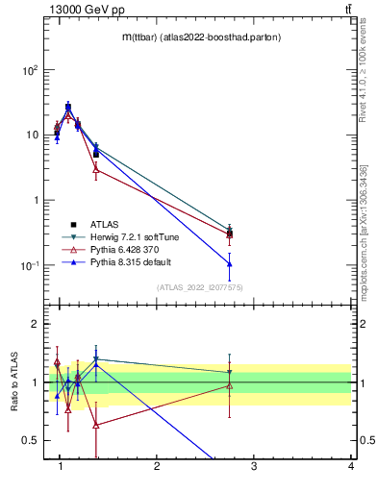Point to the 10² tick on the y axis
(30, 70)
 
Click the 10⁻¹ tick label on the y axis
(29, 265)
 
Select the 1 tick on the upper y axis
(35, 200)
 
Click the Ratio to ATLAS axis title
(13, 383)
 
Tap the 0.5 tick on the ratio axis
(31, 440)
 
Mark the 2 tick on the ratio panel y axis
(35, 324)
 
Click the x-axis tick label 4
(350, 467)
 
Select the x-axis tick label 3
(254, 467)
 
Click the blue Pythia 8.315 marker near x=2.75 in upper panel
(229, 263)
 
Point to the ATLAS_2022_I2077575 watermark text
(199, 287)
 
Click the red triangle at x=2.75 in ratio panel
(229, 386)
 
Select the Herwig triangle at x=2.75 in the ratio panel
(229, 372)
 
